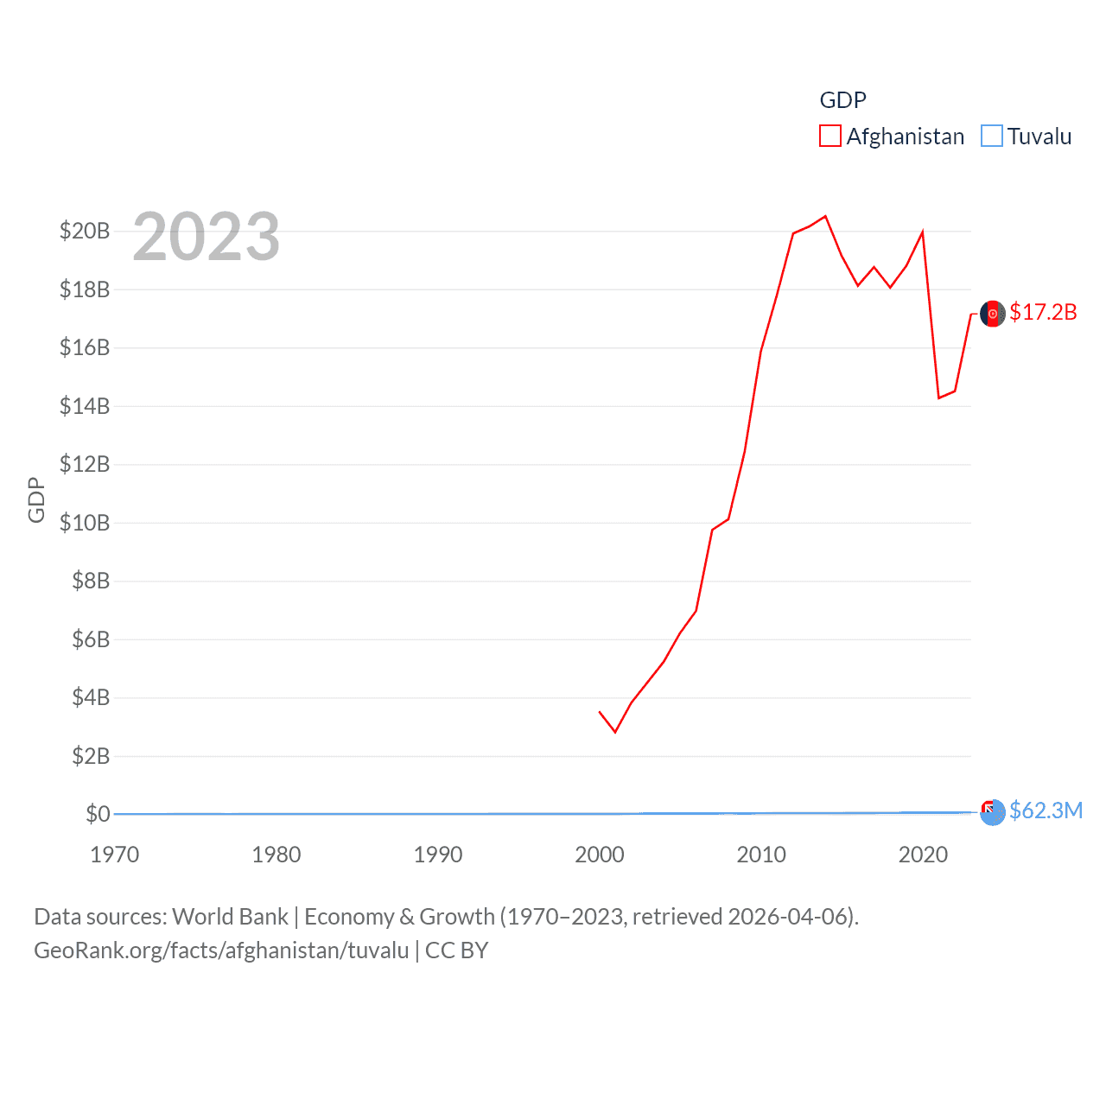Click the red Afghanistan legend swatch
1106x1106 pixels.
[829, 137]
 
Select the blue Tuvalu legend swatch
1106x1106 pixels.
[992, 137]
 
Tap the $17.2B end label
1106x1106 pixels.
[1043, 312]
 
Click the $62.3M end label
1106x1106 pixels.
[1046, 810]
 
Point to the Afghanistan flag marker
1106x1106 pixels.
[993, 313]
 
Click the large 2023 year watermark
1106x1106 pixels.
[207, 236]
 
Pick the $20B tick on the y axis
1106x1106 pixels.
[85, 231]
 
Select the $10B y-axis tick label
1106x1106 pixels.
[85, 523]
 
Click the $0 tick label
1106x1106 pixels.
[98, 814]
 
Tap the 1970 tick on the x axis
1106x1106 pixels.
[115, 855]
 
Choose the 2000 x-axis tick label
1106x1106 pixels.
[600, 855]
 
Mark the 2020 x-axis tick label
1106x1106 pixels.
[923, 855]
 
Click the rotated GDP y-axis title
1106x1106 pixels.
[36, 499]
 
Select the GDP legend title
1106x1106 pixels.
[842, 100]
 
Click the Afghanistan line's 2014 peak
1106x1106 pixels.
[825, 216]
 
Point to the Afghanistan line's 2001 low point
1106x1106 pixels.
[615, 732]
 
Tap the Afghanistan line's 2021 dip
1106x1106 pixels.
[939, 397]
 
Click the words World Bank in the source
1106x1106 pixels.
[231, 916]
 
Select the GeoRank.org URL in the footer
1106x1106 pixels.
[221, 950]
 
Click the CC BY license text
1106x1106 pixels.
[457, 950]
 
